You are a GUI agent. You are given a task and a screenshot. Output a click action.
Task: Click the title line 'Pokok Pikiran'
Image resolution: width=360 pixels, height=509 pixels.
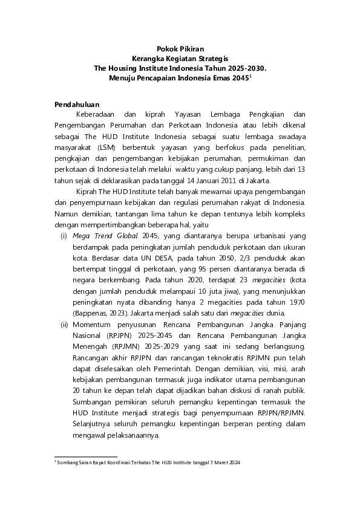click(180, 49)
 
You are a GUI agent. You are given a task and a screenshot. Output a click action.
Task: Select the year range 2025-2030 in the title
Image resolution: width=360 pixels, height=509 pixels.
click(244, 69)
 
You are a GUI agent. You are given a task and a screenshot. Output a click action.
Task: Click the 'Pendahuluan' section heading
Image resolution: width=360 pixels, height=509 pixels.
click(77, 105)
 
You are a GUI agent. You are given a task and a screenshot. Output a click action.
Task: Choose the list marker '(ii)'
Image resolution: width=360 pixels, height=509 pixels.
click(63, 325)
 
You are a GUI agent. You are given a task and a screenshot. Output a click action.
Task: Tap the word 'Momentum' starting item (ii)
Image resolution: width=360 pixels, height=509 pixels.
click(93, 325)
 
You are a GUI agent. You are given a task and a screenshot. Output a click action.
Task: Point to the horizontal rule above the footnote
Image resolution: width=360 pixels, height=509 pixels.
click(86, 457)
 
